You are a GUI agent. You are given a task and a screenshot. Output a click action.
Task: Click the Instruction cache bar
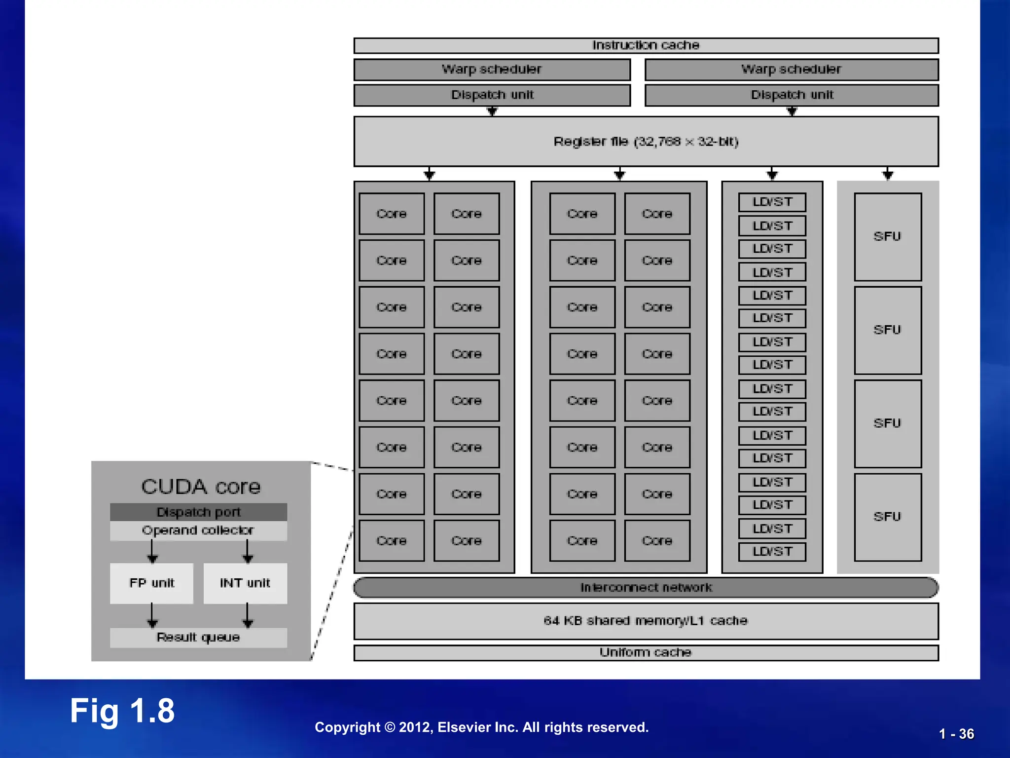pos(646,45)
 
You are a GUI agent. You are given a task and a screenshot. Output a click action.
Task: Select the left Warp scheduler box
pos(492,70)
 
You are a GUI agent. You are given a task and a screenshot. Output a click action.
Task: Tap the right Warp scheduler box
pos(792,70)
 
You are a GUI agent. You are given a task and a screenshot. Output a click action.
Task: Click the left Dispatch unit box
pos(492,95)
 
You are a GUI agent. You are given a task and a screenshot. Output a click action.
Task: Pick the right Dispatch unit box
pos(792,95)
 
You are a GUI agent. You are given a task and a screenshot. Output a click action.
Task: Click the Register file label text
pos(646,142)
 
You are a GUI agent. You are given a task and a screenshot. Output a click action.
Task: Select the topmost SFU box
pos(888,236)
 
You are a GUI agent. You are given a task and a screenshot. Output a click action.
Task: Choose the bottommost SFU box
pos(888,517)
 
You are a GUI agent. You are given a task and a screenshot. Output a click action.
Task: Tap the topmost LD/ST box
pos(772,202)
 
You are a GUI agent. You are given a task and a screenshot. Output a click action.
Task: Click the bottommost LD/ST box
pos(772,552)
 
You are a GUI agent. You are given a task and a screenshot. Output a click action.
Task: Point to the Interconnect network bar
pos(646,587)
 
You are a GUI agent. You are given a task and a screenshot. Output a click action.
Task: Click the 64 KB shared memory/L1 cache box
pos(646,621)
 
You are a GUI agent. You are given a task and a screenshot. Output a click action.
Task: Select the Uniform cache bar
pos(646,652)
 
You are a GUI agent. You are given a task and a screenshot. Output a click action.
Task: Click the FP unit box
pos(152,583)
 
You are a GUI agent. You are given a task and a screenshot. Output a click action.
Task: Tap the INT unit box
pos(245,583)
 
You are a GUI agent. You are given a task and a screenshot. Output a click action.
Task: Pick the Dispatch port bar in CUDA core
pos(199,512)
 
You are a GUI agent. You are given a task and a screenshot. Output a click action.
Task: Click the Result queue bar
pos(199,638)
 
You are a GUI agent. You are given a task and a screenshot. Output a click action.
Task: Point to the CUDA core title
pos(201,487)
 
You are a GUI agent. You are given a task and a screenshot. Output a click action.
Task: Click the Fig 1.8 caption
pos(122,711)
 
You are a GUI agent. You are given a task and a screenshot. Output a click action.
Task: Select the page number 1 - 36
pos(956,734)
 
